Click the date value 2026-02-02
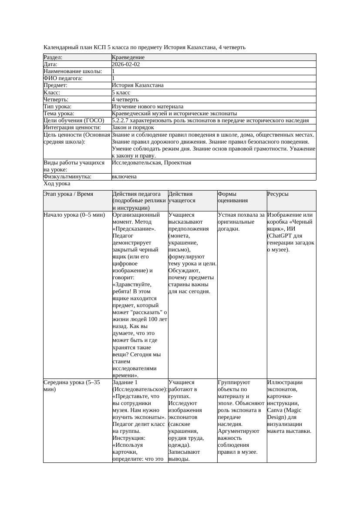point(126,64)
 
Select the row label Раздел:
point(53,57)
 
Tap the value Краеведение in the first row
point(128,57)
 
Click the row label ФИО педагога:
point(63,78)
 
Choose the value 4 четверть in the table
point(125,100)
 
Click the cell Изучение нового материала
point(148,107)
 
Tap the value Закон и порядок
point(133,128)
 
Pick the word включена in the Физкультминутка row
point(124,177)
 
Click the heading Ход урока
point(57,184)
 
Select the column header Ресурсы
point(278,194)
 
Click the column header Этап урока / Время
point(68,194)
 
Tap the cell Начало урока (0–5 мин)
point(74,215)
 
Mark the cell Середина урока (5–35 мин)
point(72,386)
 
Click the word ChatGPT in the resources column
point(282,236)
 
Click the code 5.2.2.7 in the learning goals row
point(122,121)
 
